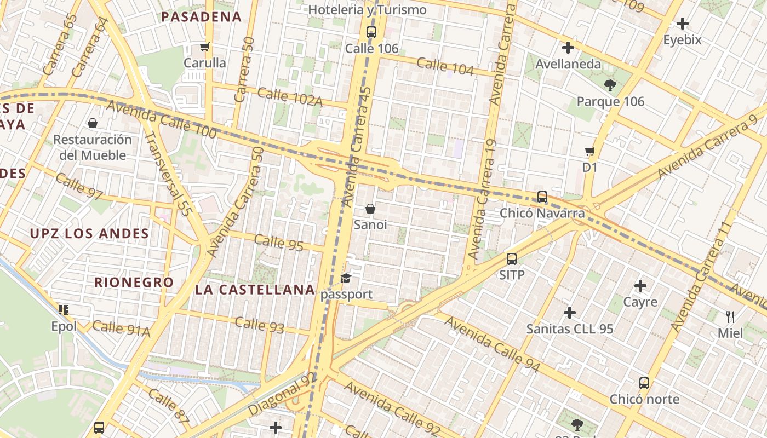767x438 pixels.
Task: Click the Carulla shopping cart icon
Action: click(x=205, y=47)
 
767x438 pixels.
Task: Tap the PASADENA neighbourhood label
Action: click(x=202, y=16)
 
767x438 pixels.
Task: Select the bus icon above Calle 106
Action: click(x=371, y=32)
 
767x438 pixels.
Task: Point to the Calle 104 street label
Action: click(x=445, y=66)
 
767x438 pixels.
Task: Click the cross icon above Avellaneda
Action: click(x=568, y=48)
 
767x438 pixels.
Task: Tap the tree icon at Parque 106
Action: click(x=610, y=85)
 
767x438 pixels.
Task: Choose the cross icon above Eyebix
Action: click(x=683, y=24)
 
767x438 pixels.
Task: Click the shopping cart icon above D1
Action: click(x=589, y=151)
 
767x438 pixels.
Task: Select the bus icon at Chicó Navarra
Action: click(x=542, y=197)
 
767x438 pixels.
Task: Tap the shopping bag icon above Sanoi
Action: click(x=370, y=209)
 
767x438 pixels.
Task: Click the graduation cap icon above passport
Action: click(x=346, y=279)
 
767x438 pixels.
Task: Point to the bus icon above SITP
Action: click(x=512, y=259)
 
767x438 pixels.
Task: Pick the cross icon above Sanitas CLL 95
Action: click(x=570, y=313)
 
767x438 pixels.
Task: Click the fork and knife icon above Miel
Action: click(x=730, y=316)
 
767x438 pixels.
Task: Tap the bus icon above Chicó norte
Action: click(x=644, y=383)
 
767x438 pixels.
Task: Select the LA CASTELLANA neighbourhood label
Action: click(x=255, y=290)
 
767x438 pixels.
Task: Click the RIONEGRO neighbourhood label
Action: click(x=134, y=283)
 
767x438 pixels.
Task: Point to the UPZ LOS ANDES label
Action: click(x=89, y=234)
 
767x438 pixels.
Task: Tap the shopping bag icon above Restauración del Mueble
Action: click(x=93, y=123)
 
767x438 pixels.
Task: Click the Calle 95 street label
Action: click(x=278, y=242)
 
